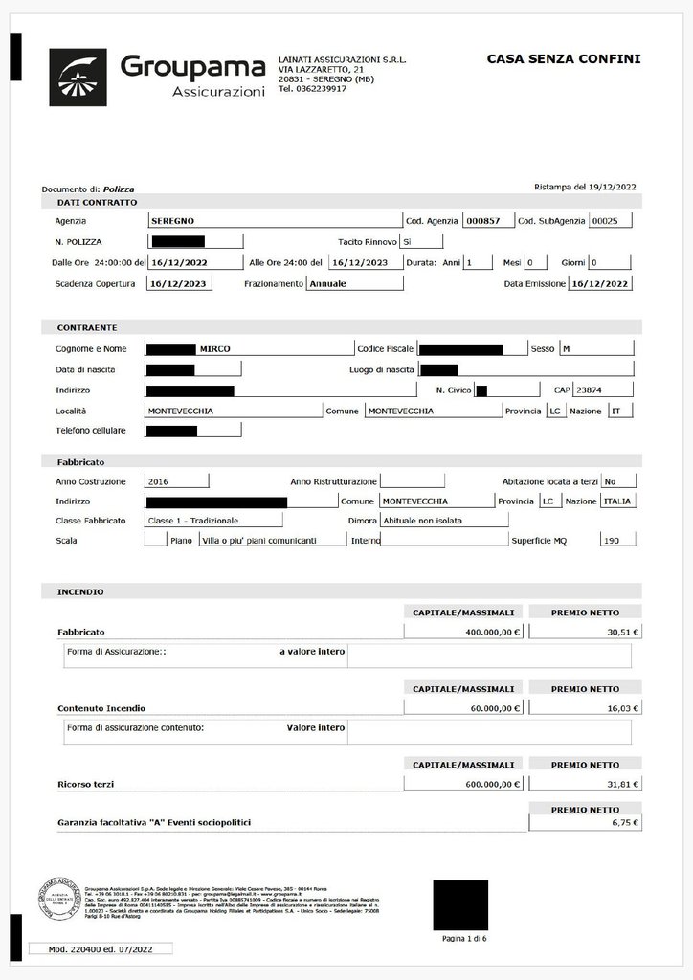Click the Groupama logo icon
[78, 74]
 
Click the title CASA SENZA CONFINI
[564, 59]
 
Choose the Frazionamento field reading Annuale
[354, 283]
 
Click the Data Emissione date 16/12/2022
[600, 283]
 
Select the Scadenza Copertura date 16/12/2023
[180, 283]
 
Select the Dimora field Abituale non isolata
[444, 521]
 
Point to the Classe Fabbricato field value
[213, 521]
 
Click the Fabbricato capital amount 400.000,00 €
[464, 632]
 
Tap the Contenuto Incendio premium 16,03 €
[585, 709]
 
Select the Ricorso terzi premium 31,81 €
[585, 784]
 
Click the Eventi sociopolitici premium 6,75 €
[585, 822]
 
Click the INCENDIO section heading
[81, 592]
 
